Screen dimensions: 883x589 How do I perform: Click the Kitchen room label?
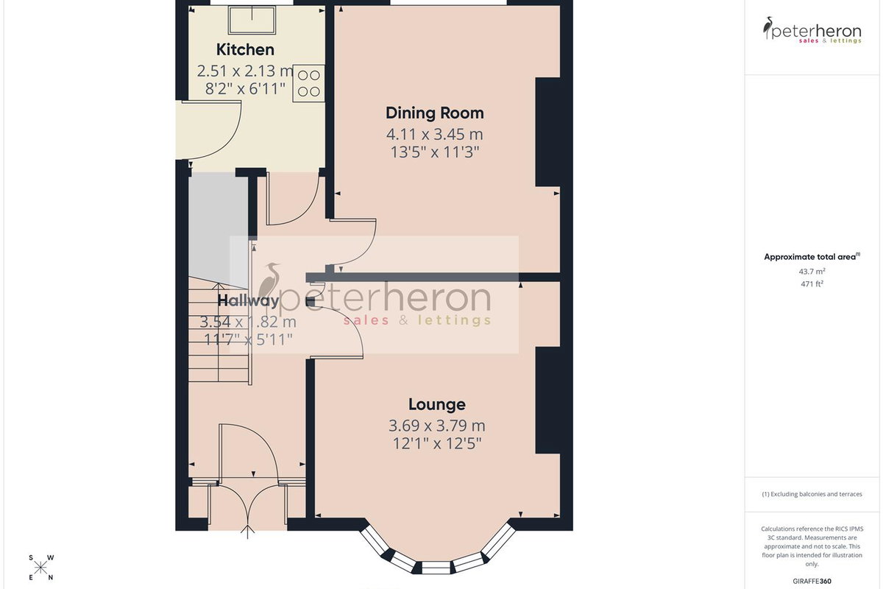[x=245, y=50]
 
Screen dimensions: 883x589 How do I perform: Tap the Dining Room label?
[x=435, y=113]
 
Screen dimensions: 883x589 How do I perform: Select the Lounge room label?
[x=437, y=404]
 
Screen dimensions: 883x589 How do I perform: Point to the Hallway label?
[x=249, y=301]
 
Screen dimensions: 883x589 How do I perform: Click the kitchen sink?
[x=252, y=21]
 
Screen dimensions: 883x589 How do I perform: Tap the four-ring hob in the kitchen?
[x=308, y=83]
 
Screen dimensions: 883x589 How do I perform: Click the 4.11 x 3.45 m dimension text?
[x=434, y=135]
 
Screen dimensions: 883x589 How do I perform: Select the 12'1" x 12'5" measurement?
[x=437, y=444]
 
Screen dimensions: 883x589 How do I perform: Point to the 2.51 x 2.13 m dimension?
[x=245, y=71]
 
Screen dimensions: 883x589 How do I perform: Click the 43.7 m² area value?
[x=812, y=272]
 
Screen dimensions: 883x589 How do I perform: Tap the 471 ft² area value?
[x=812, y=283]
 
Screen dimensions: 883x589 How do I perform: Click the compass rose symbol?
[x=40, y=568]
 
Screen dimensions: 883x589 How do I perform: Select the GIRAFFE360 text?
[x=812, y=581]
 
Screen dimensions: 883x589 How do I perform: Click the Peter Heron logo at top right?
[x=812, y=30]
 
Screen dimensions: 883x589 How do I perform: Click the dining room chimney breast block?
[x=547, y=132]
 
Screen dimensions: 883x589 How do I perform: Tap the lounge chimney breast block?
[x=547, y=400]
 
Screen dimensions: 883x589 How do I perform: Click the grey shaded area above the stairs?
[x=219, y=230]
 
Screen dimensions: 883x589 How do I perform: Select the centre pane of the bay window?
[x=436, y=568]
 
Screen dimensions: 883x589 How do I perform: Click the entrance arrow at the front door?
[x=247, y=532]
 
